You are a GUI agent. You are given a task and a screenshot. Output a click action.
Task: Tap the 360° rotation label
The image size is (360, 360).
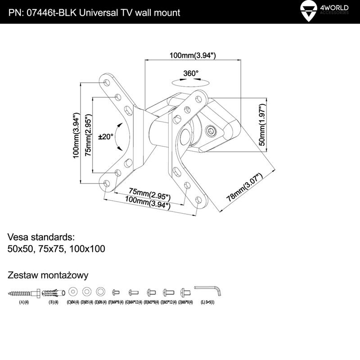click(x=191, y=73)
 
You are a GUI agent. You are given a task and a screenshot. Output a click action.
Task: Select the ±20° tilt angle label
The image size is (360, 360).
click(x=106, y=136)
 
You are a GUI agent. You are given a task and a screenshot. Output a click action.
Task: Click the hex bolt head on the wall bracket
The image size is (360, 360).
click(x=211, y=131)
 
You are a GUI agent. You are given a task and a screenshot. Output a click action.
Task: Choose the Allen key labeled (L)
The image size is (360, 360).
click(x=207, y=290)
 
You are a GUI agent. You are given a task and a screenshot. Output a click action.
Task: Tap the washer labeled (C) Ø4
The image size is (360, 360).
click(x=73, y=290)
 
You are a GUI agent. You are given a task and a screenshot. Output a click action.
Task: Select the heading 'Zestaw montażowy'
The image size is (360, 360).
click(x=48, y=275)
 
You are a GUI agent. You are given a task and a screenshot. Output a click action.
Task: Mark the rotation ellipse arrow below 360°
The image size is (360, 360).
click(x=191, y=82)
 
